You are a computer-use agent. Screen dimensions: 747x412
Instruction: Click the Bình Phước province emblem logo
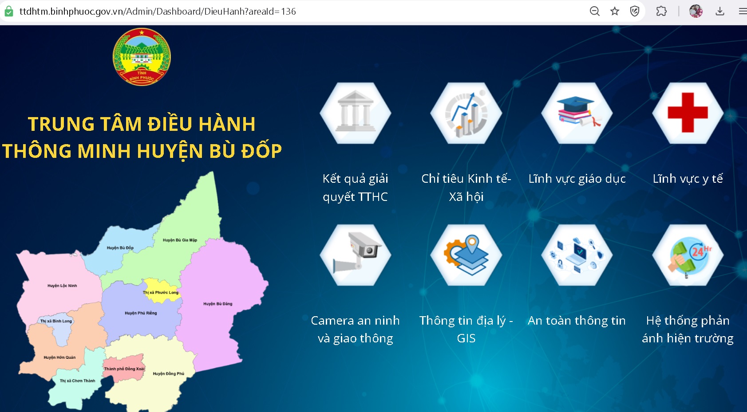pos(142,57)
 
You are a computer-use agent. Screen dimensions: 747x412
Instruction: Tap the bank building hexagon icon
pos(355,113)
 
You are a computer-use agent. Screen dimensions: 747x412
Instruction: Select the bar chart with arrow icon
pos(466,113)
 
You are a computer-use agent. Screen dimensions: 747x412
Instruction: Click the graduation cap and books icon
pos(577,113)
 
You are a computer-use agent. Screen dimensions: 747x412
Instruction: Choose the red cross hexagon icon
pos(688,113)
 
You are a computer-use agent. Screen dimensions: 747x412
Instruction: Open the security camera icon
pos(355,255)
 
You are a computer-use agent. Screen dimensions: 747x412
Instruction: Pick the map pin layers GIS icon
pos(466,255)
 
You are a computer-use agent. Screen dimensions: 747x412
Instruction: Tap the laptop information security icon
pos(577,255)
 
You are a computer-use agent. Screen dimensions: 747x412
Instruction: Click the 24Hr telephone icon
pos(688,255)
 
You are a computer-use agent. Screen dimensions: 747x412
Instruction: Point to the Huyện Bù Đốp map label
pos(120,247)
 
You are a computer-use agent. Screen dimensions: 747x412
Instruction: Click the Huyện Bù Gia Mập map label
pos(180,240)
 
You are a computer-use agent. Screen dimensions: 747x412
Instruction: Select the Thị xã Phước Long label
pos(161,292)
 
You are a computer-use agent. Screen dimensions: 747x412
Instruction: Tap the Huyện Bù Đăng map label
pos(218,304)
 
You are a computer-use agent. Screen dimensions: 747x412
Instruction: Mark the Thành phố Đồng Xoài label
pos(124,369)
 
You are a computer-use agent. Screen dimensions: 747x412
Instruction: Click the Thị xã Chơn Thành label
pos(77,381)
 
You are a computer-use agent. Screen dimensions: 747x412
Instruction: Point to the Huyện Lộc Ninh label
pos(62,286)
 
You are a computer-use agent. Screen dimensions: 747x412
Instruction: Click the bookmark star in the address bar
pos(615,12)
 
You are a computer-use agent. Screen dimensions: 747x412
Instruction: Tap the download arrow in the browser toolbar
pos(720,12)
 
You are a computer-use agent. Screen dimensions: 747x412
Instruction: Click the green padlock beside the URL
pos(9,12)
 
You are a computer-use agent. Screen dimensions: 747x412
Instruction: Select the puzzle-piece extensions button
pos(661,12)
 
